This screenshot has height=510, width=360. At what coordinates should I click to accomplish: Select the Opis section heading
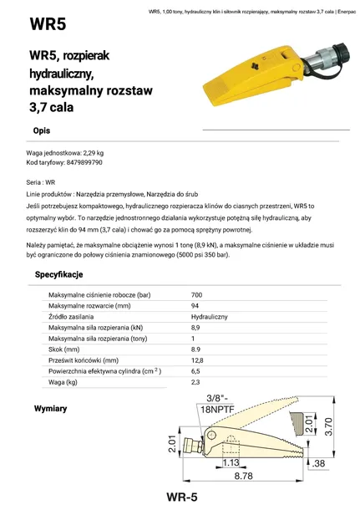tap(42, 131)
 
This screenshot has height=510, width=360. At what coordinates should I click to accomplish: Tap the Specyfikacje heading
tap(58, 274)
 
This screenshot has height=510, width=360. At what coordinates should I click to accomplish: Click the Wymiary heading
tap(50, 409)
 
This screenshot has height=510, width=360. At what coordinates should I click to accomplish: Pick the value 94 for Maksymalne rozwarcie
tap(195, 307)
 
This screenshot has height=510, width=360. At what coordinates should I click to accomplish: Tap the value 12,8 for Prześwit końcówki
tap(197, 360)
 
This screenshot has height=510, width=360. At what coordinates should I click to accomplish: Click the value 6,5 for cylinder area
tap(195, 371)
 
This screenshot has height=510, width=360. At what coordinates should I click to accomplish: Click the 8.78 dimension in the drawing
tap(243, 475)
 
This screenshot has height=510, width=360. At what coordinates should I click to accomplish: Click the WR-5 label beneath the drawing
tap(181, 497)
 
